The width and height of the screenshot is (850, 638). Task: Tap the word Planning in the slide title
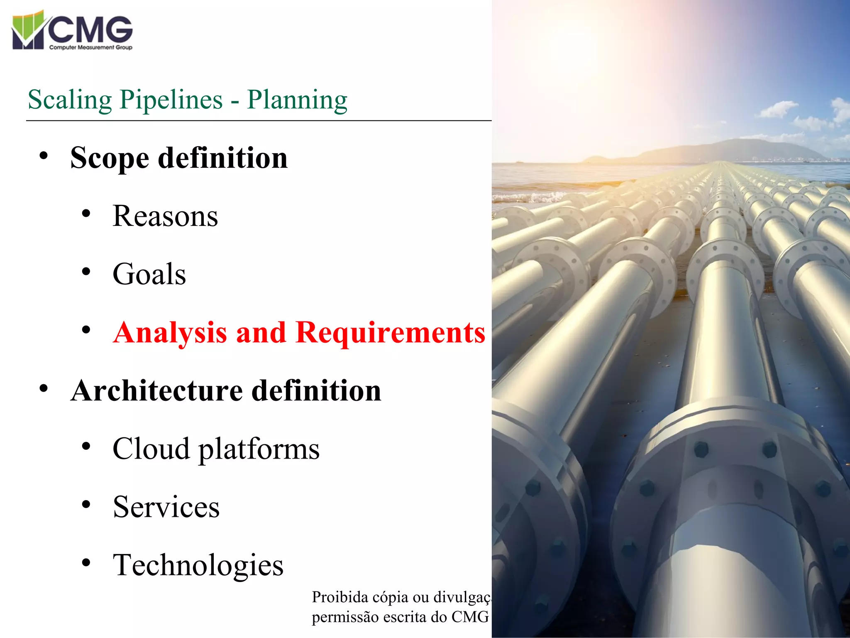point(297,100)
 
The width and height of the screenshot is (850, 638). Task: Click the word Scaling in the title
point(70,100)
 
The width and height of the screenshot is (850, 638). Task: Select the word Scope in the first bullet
point(110,159)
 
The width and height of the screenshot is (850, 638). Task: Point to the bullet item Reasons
point(165,216)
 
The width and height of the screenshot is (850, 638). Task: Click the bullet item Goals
point(149,275)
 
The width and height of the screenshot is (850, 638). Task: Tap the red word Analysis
point(170,333)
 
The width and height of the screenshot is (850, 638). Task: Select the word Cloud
point(151,449)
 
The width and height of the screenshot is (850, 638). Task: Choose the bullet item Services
point(166,507)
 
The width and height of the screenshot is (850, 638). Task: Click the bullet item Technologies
point(198,565)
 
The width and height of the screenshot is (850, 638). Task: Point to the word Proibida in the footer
point(340,597)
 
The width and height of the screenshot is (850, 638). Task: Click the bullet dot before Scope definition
point(44,156)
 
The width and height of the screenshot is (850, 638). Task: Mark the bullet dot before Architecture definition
point(44,389)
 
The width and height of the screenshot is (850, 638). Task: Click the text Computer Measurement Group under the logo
point(90,47)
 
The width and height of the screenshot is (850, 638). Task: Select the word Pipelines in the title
point(171,100)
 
